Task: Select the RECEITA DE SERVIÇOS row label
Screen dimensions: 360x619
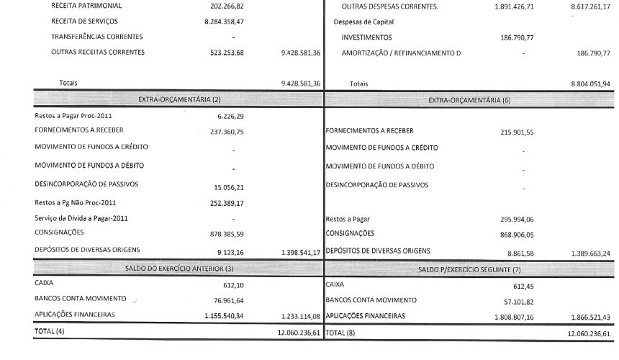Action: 85,22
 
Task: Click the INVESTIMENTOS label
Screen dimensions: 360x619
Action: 367,37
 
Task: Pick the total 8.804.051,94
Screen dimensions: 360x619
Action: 590,84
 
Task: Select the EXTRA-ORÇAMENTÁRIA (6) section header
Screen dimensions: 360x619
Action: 469,99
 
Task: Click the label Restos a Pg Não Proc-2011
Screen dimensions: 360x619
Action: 76,202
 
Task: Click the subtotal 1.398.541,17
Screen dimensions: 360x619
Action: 302,252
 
